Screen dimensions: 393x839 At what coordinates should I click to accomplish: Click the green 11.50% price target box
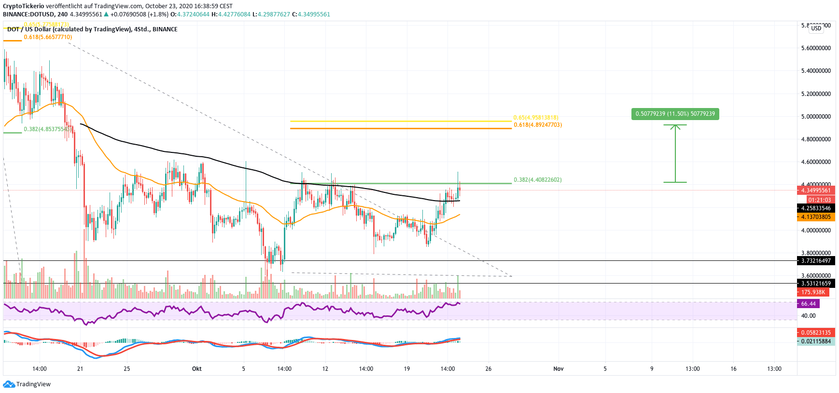pyautogui.click(x=675, y=114)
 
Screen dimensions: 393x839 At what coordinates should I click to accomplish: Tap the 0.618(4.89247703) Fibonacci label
pyautogui.click(x=537, y=125)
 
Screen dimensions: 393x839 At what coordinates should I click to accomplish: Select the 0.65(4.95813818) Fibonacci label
pyautogui.click(x=535, y=118)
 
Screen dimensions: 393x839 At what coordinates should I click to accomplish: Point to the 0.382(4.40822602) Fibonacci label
pyautogui.click(x=537, y=180)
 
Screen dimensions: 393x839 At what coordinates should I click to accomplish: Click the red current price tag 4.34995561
pyautogui.click(x=816, y=190)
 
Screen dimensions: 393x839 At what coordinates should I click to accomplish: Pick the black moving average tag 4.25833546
pyautogui.click(x=816, y=208)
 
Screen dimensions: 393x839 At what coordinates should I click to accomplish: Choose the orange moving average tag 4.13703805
pyautogui.click(x=816, y=217)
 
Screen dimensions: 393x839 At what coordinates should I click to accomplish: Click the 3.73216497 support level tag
pyautogui.click(x=816, y=261)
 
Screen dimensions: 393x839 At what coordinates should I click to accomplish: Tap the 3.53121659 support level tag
pyautogui.click(x=816, y=284)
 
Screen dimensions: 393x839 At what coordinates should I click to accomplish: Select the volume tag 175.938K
pyautogui.click(x=813, y=292)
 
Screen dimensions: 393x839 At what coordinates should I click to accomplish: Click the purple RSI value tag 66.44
pyautogui.click(x=808, y=304)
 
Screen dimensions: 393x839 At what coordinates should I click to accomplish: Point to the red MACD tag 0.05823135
pyautogui.click(x=816, y=333)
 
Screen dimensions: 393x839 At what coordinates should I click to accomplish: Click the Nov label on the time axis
pyautogui.click(x=559, y=369)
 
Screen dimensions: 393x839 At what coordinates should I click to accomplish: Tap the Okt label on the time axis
pyautogui.click(x=196, y=369)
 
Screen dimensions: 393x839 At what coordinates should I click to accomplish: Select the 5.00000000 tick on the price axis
pyautogui.click(x=816, y=117)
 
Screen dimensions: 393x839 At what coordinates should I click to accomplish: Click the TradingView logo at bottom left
pyautogui.click(x=27, y=384)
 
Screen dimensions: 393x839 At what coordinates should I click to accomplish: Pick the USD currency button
pyautogui.click(x=816, y=28)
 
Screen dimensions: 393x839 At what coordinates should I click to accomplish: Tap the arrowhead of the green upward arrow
pyautogui.click(x=675, y=127)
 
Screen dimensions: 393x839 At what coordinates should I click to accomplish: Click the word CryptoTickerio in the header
pyautogui.click(x=23, y=6)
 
